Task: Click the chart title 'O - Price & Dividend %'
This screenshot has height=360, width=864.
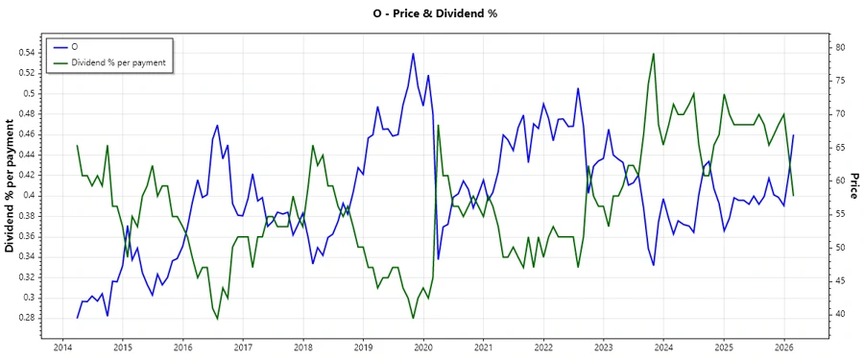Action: pos(432,13)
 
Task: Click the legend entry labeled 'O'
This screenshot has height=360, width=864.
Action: pos(75,47)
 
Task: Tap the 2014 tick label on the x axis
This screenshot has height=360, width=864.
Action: pos(62,348)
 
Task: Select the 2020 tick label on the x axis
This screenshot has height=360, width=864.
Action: pos(423,348)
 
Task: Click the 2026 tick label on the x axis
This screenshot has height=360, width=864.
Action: pos(784,348)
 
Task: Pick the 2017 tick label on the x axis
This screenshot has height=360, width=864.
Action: pos(243,348)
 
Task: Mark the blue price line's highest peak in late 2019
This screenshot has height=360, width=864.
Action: pos(413,54)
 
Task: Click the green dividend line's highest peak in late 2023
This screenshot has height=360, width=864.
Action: pos(654,54)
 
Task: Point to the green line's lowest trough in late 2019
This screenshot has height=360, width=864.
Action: pos(413,318)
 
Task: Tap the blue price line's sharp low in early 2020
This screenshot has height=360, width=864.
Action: pos(439,259)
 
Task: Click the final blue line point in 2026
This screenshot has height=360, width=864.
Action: pos(793,135)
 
